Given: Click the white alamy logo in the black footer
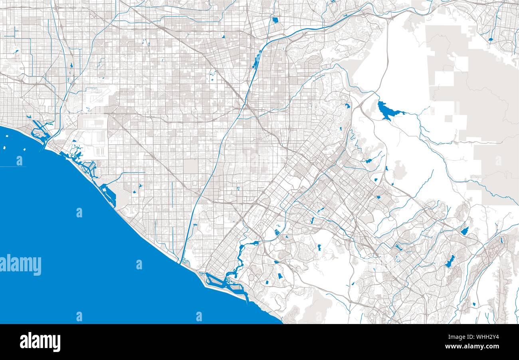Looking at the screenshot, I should tap(40, 342).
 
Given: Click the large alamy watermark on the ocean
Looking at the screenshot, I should tap(20, 265).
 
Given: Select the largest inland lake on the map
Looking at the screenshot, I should tap(385, 110).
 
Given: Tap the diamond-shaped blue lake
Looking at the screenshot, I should tap(464, 231).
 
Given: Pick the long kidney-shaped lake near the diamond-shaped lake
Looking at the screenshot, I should tap(450, 261).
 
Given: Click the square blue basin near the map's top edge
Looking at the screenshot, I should tap(275, 20).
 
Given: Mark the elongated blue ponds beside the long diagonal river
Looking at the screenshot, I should tap(256, 61).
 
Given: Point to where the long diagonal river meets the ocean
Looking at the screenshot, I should tap(181, 262).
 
